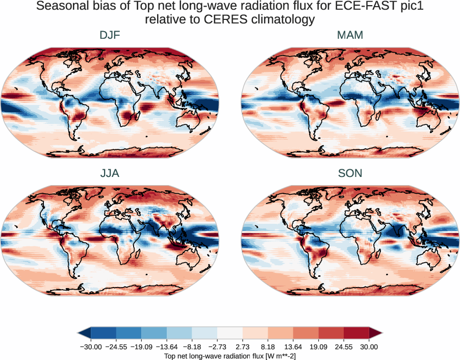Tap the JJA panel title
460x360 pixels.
click(x=110, y=173)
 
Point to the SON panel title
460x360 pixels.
click(x=350, y=173)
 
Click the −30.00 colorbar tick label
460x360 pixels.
click(x=90, y=347)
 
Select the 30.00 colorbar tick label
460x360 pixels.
click(x=369, y=347)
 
